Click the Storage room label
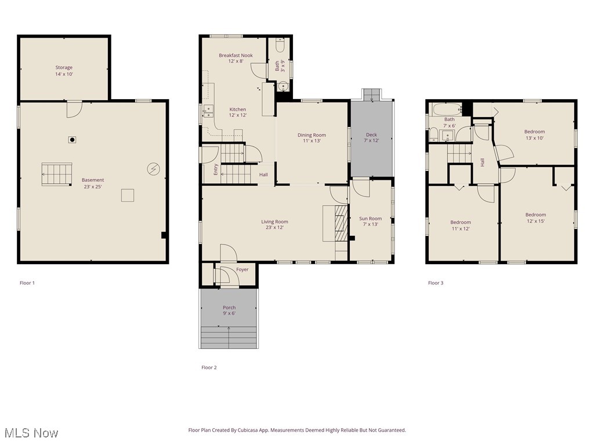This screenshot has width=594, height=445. (64, 68)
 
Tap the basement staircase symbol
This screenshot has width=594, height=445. (57, 174)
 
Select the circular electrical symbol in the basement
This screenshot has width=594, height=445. (154, 169)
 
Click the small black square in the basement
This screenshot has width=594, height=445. (72, 139)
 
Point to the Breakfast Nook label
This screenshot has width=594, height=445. (236, 56)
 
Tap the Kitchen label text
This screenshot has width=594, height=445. (237, 109)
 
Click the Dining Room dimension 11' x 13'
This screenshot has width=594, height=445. (312, 141)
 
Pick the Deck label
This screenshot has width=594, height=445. (371, 135)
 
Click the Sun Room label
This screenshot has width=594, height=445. (371, 218)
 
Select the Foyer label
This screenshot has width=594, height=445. (242, 269)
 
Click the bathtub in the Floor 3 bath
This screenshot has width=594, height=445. (446, 108)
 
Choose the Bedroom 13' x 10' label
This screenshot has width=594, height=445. (534, 132)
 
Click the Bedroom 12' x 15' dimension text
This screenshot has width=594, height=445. (535, 221)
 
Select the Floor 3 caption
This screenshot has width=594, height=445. (436, 283)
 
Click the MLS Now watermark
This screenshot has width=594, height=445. (31, 433)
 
